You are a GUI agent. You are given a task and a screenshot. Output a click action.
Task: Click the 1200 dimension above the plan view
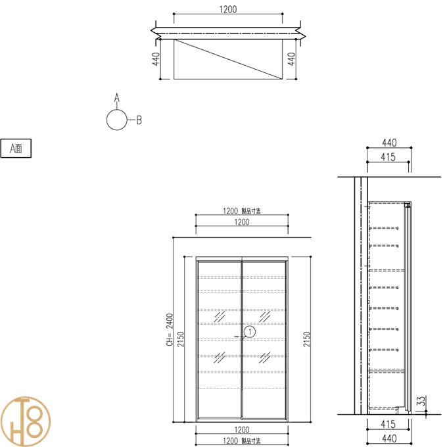pyautogui.click(x=228, y=9)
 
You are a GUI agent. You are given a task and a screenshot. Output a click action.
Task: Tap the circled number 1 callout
pyautogui.click(x=250, y=332)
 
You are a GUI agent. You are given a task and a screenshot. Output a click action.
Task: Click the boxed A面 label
pyautogui.click(x=16, y=149)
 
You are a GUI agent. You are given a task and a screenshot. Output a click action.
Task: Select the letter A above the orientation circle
pyautogui.click(x=117, y=97)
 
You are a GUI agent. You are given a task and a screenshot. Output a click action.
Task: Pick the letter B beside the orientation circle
pyautogui.click(x=139, y=120)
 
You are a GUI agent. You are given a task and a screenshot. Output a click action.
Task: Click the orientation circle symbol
pyautogui.click(x=117, y=120)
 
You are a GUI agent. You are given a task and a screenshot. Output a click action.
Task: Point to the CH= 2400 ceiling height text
pyautogui.click(x=170, y=330)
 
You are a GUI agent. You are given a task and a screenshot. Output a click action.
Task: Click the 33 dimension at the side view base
pyautogui.click(x=421, y=400)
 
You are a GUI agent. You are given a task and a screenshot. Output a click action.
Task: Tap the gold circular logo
pyautogui.click(x=25, y=421)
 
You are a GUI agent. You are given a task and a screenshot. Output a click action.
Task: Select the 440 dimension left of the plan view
pyautogui.click(x=156, y=59)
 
